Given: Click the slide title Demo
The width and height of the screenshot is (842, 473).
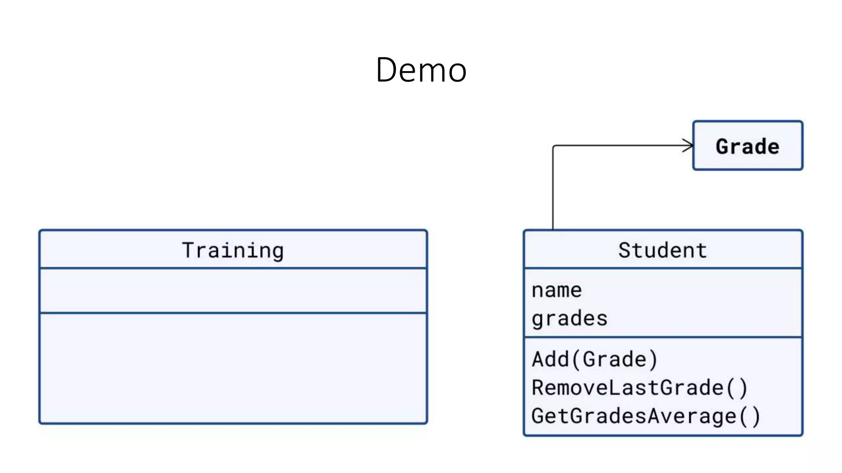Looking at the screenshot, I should (x=421, y=70).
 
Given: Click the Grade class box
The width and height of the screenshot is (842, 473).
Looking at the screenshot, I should (x=747, y=146).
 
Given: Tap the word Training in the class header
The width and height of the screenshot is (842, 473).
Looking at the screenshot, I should (x=233, y=250).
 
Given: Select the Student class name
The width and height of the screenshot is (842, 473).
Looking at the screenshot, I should (x=662, y=250).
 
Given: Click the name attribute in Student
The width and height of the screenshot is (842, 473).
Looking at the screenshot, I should (x=556, y=290).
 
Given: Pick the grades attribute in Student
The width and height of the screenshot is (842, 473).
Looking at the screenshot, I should (x=569, y=319).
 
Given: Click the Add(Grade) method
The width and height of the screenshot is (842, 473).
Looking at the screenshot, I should (x=594, y=359).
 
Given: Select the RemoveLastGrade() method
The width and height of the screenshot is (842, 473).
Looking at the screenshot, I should (x=639, y=388).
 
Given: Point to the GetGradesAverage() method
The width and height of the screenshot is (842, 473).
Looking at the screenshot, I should (x=645, y=416).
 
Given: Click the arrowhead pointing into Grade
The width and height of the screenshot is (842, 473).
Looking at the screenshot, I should (x=689, y=145).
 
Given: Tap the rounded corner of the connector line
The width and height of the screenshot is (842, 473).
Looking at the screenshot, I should (x=554, y=147).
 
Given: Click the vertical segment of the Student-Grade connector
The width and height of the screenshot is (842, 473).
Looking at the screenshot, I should (x=553, y=189).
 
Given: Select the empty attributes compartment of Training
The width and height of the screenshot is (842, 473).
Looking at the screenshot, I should (x=233, y=291).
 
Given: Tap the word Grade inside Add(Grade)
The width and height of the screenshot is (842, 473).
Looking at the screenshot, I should (x=614, y=359).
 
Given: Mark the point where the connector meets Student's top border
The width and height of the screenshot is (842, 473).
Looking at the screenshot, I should (x=553, y=230).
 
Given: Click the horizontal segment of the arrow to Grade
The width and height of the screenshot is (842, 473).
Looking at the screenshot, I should (x=621, y=145).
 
